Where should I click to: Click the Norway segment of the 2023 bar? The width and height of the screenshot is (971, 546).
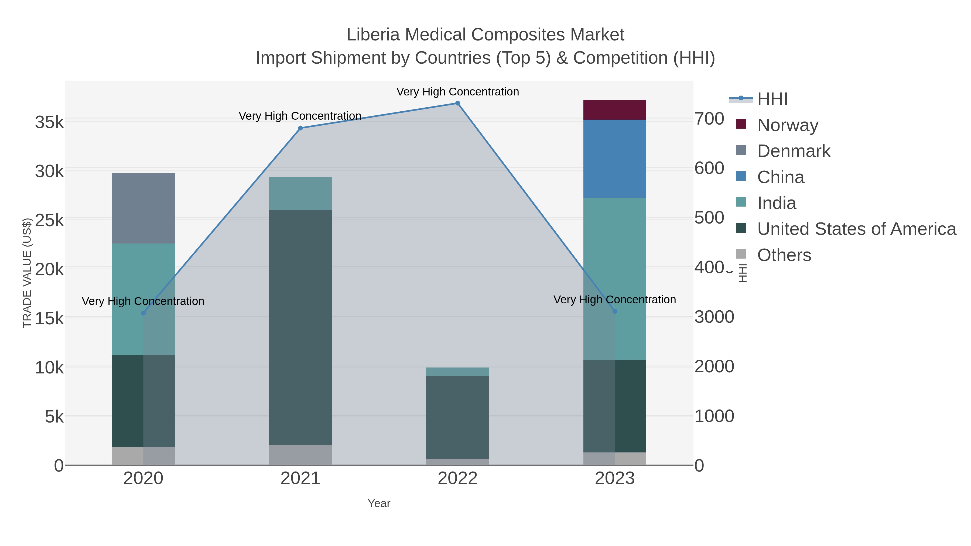click(x=614, y=110)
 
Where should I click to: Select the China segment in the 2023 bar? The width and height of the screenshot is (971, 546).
click(x=614, y=159)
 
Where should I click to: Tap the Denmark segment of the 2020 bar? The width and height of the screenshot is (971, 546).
click(x=143, y=208)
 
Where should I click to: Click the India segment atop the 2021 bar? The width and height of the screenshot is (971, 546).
click(x=300, y=193)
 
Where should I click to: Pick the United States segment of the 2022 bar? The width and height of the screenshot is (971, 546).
click(x=457, y=417)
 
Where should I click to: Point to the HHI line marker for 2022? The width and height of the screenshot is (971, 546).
click(x=457, y=103)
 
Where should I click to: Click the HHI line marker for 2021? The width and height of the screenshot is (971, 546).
click(x=300, y=128)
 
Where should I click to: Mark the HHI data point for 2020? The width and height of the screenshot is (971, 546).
click(x=143, y=313)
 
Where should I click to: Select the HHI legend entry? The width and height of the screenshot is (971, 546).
click(x=772, y=99)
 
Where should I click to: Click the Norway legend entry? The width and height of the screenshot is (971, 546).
click(x=787, y=125)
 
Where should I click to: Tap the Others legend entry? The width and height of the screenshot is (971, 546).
click(x=784, y=255)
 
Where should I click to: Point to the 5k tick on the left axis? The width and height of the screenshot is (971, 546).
click(x=54, y=417)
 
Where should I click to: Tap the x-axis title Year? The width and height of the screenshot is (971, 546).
click(x=379, y=503)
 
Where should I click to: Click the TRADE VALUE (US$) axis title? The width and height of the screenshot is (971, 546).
click(x=27, y=273)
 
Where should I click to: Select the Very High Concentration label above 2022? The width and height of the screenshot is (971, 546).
click(x=457, y=92)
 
